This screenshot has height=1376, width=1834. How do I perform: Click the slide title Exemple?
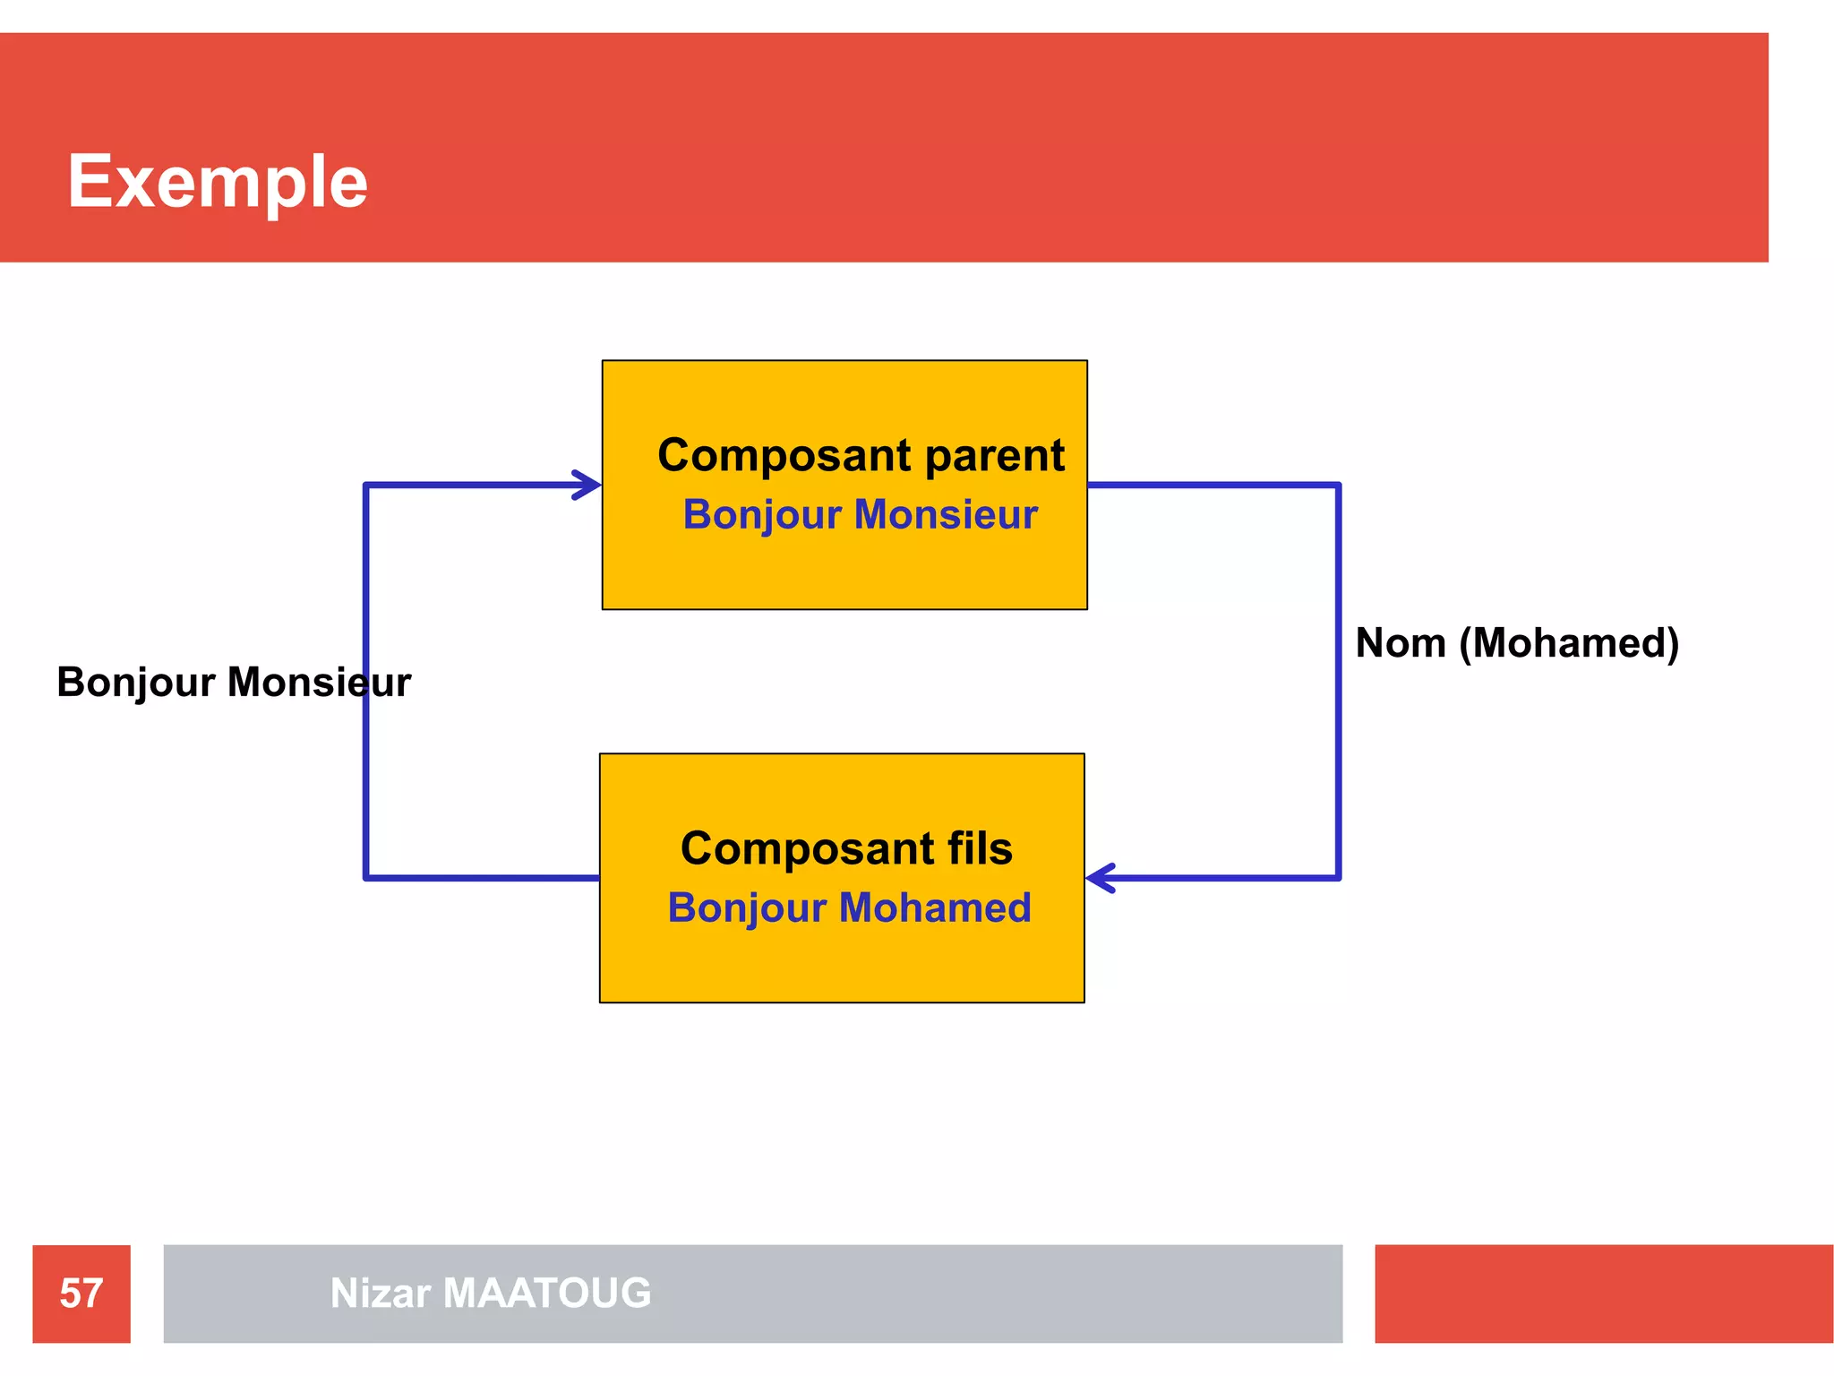tap(218, 182)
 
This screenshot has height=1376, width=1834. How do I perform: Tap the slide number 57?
tap(81, 1294)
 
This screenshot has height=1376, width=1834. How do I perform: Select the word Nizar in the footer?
tap(381, 1294)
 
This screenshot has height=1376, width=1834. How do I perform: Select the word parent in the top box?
tap(994, 456)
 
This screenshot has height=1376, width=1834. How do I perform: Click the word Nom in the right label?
tap(1401, 643)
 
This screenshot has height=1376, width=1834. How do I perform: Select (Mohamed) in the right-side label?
tap(1569, 643)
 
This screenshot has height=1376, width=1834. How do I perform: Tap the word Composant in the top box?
tap(785, 456)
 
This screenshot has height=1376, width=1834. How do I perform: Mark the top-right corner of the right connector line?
tap(1338, 486)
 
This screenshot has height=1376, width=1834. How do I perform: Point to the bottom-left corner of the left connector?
tap(366, 877)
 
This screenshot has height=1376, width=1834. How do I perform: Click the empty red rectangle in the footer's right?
tap(1603, 1294)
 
